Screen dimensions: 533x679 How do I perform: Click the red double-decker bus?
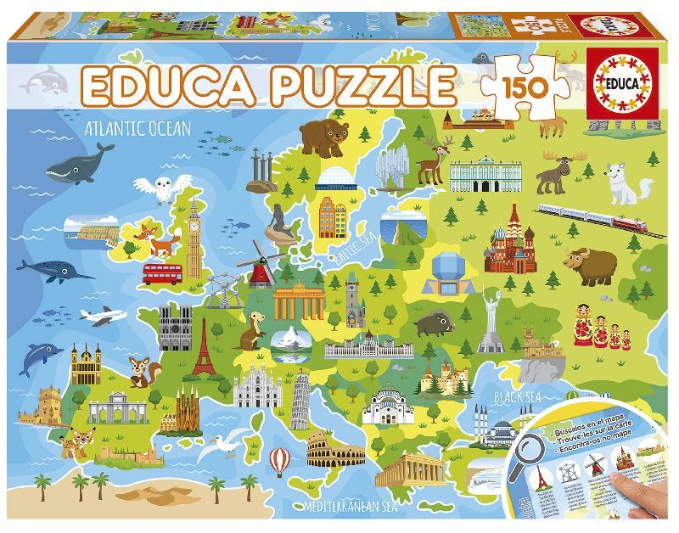tap(164, 272)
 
